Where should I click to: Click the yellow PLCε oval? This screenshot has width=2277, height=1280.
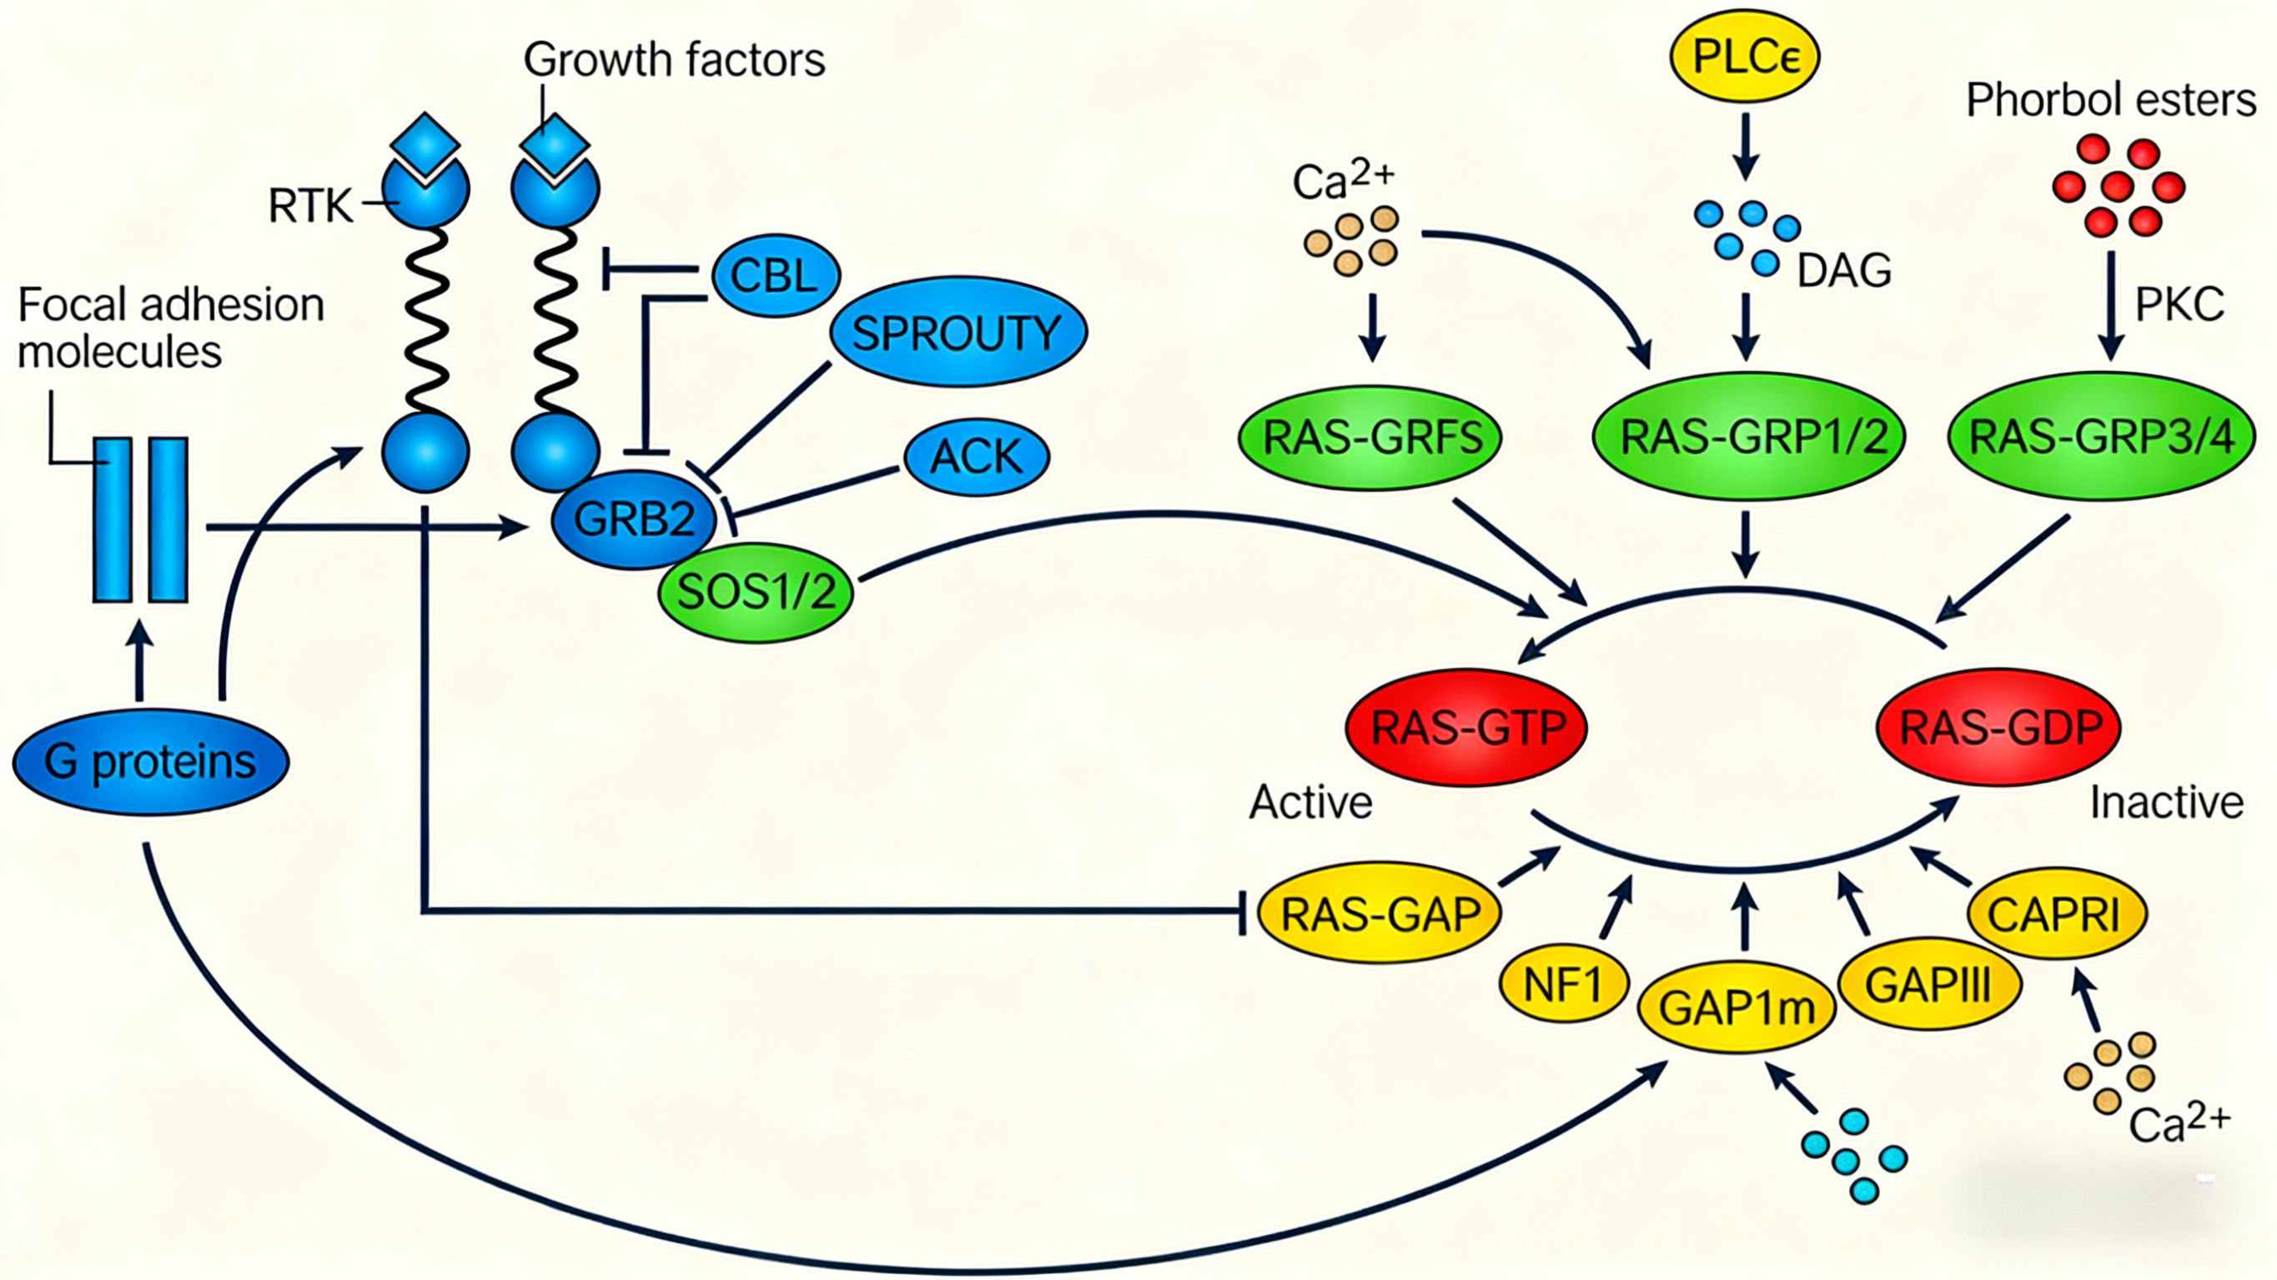[1744, 57]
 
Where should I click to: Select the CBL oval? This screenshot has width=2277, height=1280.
[775, 276]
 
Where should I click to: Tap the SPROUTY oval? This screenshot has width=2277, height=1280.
[958, 334]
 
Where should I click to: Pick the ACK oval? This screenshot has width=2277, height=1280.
[976, 457]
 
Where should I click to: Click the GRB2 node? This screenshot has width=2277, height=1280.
[634, 519]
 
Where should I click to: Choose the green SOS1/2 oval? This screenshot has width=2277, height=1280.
[756, 591]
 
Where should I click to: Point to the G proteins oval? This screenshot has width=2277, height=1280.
[150, 761]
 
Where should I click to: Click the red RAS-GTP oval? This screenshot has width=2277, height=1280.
[1467, 727]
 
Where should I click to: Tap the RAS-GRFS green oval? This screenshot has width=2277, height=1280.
[1371, 437]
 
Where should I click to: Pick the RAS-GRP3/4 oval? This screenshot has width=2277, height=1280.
[2101, 437]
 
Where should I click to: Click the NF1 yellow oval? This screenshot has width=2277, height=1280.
[1563, 983]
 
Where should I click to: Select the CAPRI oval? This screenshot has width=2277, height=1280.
[2055, 914]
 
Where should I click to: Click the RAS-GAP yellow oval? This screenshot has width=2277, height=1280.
[1380, 914]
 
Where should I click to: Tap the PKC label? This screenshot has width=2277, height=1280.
[2179, 305]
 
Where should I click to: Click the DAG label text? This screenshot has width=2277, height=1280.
[1844, 269]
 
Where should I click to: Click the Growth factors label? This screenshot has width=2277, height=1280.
[674, 60]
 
